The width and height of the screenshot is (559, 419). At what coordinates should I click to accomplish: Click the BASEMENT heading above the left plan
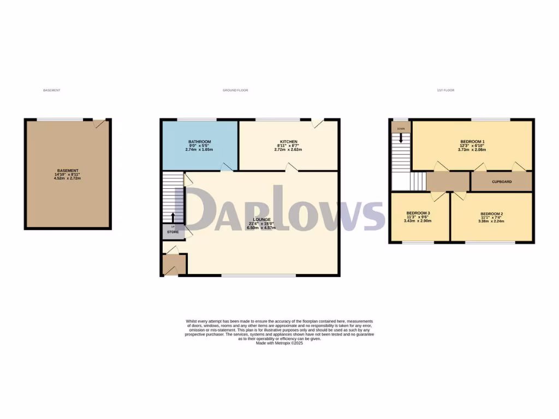[x=51, y=90]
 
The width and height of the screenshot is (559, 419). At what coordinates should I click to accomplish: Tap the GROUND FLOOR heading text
[x=235, y=90]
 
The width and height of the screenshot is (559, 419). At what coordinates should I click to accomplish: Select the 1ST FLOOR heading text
[x=445, y=90]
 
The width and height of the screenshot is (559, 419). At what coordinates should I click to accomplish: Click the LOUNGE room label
[x=259, y=219]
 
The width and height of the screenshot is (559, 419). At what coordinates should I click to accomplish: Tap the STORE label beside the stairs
[x=173, y=232]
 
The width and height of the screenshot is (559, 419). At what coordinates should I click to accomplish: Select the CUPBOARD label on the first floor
[x=502, y=182]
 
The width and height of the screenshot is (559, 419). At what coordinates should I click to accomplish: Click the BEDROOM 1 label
[x=472, y=142]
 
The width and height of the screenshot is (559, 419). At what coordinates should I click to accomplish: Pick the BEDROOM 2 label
[x=491, y=213]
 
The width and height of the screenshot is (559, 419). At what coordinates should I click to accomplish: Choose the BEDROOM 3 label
[x=418, y=213]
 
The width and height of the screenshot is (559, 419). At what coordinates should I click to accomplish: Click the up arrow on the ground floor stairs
[x=173, y=218]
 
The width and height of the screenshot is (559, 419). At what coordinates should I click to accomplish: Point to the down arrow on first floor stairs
[x=401, y=138]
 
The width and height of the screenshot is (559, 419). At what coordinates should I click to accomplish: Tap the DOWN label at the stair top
[x=401, y=129]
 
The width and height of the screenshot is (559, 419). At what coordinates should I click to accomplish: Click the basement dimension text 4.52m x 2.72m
[x=68, y=178]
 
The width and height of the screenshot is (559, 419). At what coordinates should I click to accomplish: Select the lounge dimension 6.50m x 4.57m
[x=259, y=228]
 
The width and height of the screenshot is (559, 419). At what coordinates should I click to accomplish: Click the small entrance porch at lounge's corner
[x=175, y=264]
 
